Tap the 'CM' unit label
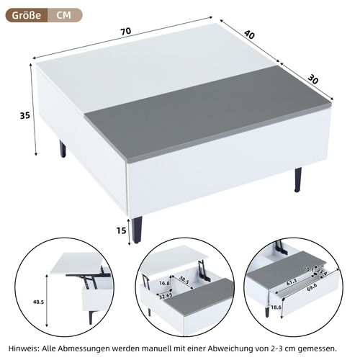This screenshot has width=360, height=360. click(x=63, y=14)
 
